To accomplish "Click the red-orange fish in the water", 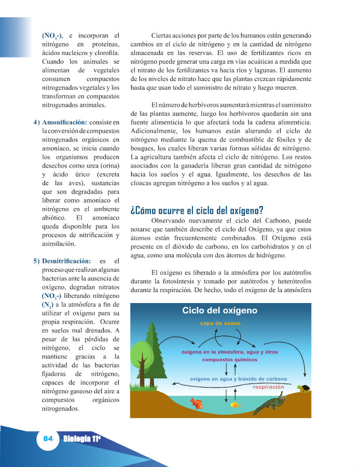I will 196,403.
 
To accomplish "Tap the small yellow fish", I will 236,404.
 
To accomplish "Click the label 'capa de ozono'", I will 220,324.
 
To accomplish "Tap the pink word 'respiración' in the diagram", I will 268,387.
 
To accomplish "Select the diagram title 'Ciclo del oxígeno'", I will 219,311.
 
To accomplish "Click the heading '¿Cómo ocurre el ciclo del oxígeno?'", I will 197,210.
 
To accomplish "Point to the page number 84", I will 48,438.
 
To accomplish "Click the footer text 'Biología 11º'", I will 82,439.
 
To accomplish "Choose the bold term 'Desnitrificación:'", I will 67,260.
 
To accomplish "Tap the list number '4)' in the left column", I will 36,122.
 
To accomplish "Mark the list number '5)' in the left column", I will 36,260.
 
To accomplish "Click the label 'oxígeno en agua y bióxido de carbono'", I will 238,379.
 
